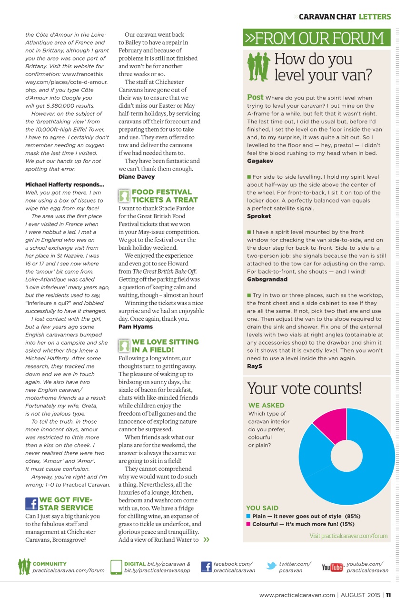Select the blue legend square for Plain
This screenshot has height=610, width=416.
248,516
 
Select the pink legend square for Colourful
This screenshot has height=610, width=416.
248,524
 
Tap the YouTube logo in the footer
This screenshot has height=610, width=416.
332,567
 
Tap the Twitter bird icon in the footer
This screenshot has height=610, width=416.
271,567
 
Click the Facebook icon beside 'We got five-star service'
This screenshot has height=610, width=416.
31,504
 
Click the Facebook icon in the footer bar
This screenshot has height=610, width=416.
206,567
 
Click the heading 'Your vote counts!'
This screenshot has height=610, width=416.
304,388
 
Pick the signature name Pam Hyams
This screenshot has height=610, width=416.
136,327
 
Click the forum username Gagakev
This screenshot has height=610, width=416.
260,161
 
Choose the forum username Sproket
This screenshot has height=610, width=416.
259,216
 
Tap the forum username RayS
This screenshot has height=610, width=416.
255,366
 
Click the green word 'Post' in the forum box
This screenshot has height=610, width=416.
255,97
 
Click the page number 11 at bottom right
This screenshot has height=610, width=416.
388,595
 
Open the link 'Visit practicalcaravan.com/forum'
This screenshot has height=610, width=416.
348,536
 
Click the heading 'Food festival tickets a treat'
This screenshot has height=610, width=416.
164,196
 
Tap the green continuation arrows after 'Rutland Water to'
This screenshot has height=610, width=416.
206,539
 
